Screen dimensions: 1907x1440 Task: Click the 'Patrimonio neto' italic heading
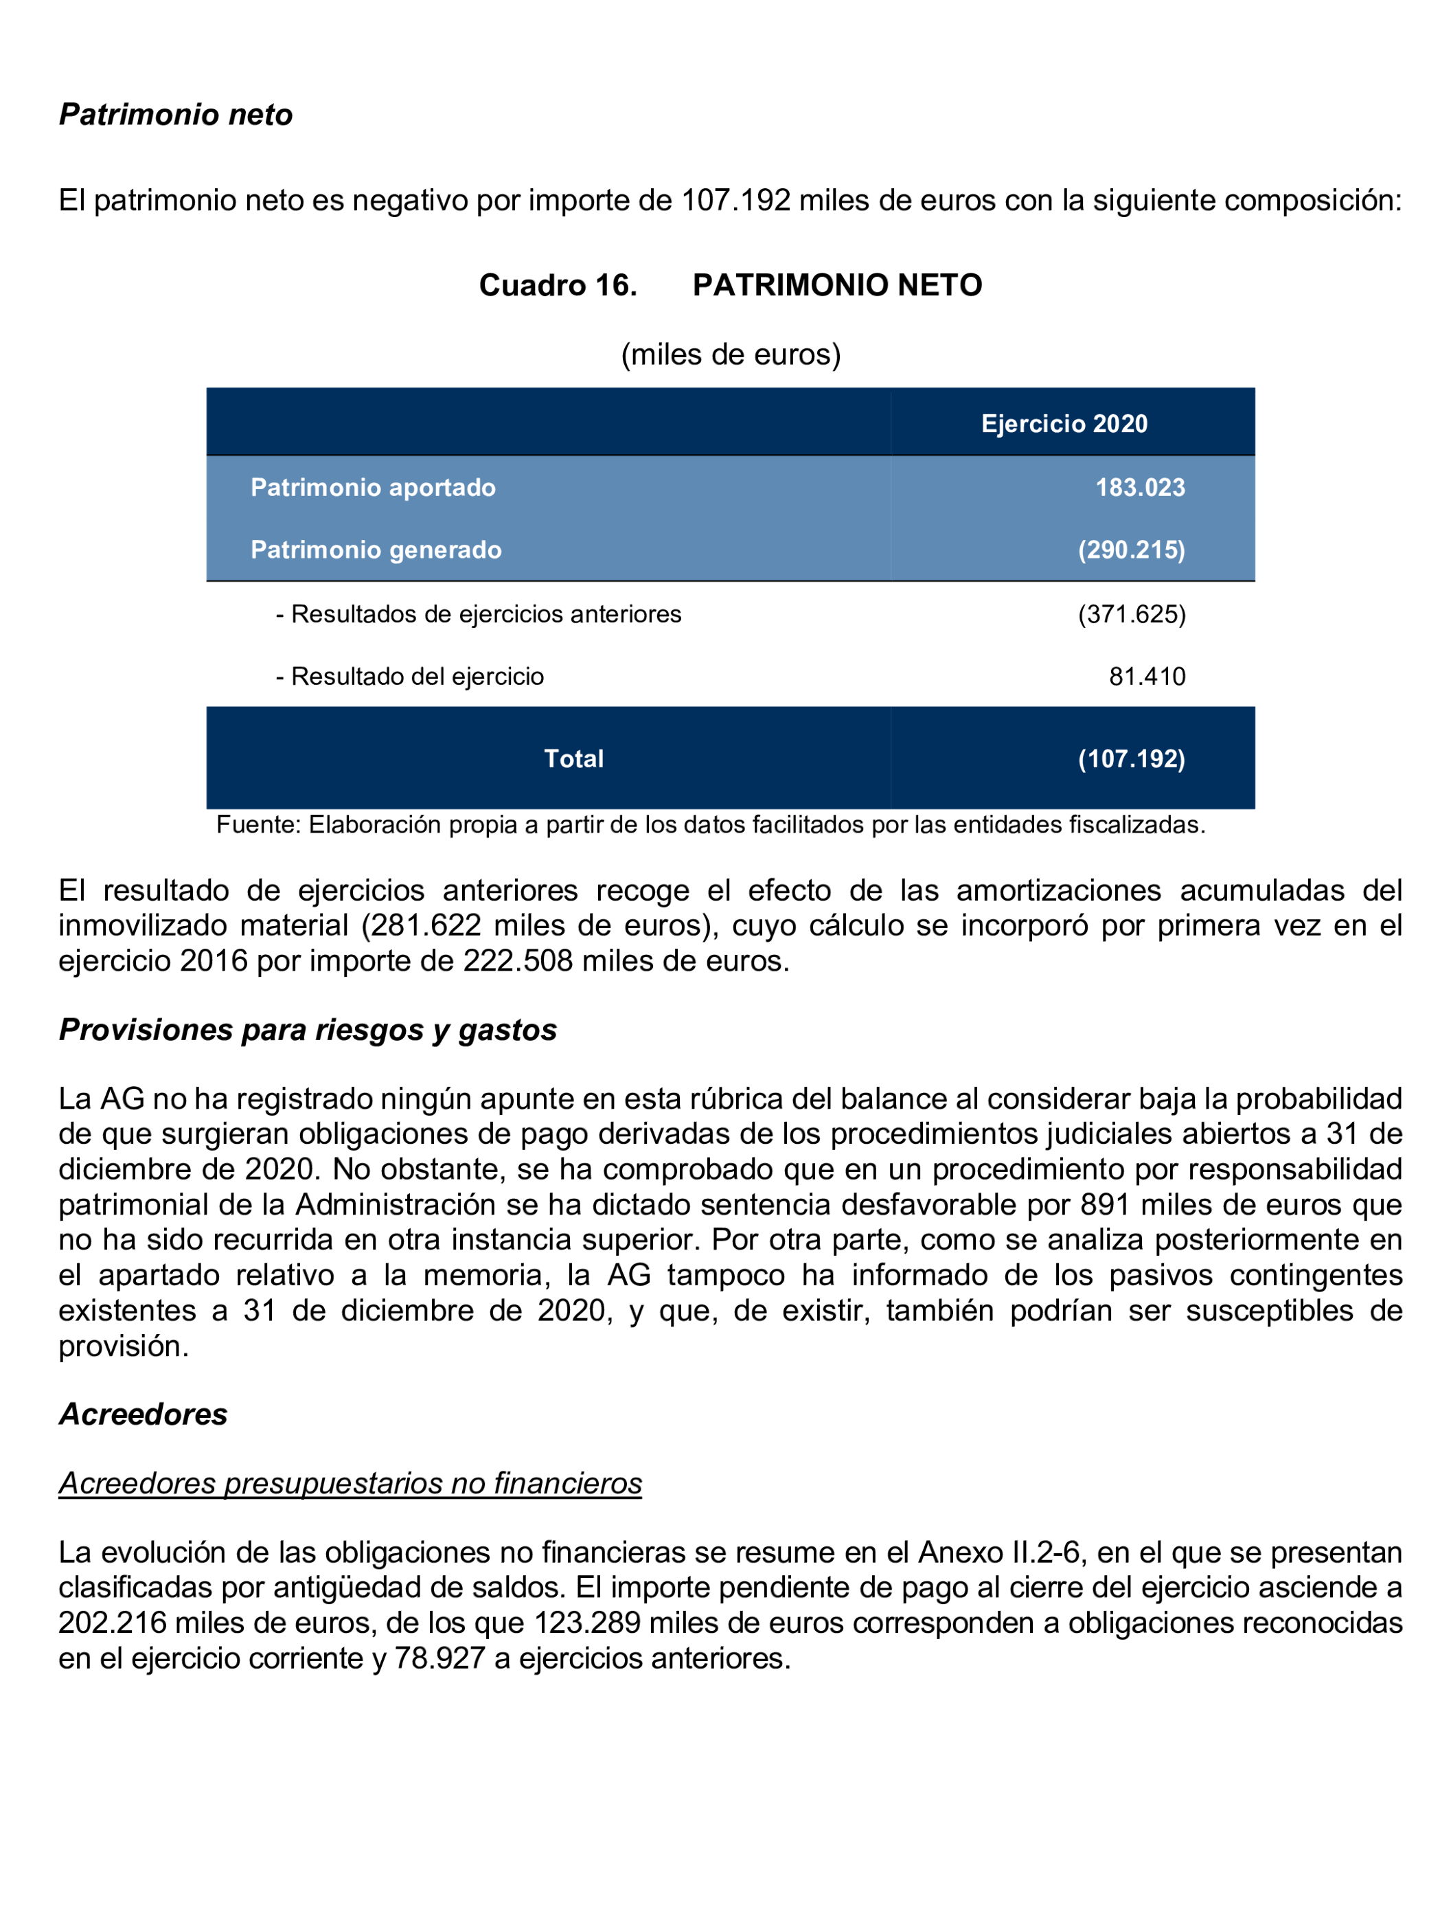176,115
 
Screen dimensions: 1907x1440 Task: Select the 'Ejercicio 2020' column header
1064,423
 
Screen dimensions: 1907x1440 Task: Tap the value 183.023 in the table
1139,487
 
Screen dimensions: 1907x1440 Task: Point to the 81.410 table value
1146,676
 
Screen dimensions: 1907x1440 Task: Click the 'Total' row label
573,758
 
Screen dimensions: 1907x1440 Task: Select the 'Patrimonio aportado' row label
372,487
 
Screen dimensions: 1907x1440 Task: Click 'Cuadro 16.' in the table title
558,285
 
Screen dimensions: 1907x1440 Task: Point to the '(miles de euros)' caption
731,354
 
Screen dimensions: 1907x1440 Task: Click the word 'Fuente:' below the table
258,825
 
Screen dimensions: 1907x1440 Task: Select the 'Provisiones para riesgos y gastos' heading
308,1029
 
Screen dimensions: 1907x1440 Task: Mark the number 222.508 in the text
518,960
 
